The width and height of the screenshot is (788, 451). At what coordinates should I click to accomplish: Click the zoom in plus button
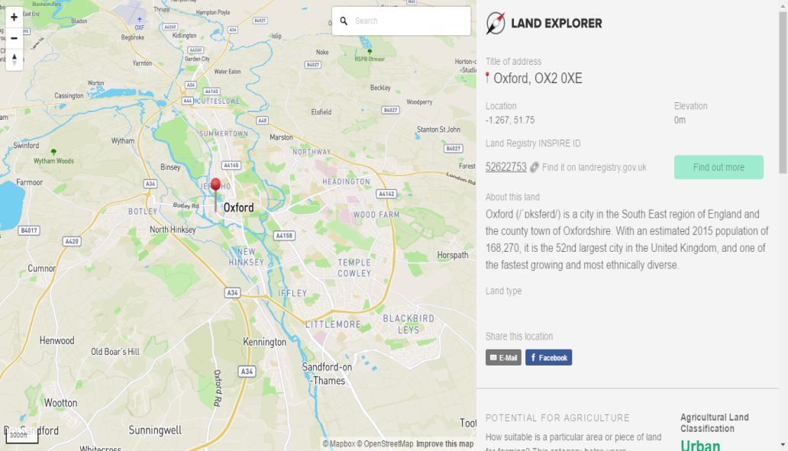14,17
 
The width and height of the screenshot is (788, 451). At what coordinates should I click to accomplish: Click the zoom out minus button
14,37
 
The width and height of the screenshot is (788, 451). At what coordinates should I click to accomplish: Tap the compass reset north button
14,60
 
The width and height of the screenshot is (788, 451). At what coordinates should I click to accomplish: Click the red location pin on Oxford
215,186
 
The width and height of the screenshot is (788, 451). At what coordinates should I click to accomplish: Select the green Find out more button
719,167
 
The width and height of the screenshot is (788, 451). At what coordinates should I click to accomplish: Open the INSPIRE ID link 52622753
505,167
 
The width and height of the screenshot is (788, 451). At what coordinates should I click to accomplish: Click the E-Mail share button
503,357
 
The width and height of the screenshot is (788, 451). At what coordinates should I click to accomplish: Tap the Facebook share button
548,357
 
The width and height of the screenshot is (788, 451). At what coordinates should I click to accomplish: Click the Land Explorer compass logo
496,24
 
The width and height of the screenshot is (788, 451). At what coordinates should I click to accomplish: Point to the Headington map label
346,182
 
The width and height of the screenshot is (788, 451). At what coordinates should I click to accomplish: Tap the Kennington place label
264,343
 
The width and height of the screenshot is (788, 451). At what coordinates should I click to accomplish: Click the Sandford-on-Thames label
328,373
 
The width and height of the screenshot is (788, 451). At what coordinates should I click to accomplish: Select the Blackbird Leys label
409,324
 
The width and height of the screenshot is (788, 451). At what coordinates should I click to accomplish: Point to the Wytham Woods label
53,161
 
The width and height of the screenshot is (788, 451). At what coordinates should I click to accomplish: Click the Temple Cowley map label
354,268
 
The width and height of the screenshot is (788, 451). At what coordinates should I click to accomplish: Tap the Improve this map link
444,444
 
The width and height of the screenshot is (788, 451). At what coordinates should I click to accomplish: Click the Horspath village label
452,255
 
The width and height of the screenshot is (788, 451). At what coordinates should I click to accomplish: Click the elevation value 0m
680,120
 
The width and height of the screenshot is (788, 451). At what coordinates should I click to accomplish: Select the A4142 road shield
386,194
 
